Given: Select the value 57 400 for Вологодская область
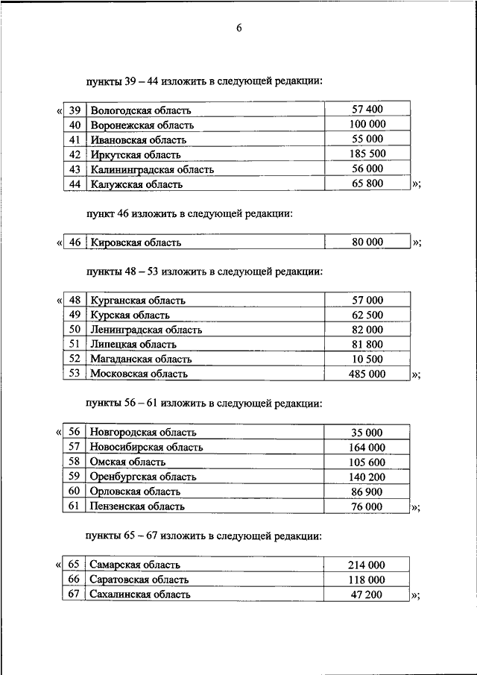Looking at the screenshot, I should tap(367, 110).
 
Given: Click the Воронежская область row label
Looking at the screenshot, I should tap(142, 125).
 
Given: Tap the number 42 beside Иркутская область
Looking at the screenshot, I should tap(74, 154).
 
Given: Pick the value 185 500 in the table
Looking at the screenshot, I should tap(367, 154).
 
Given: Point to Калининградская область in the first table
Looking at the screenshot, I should tap(152, 169).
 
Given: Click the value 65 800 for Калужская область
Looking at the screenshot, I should tap(367, 183).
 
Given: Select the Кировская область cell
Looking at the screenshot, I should tap(136, 242).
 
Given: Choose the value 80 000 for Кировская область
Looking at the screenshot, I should tap(367, 242).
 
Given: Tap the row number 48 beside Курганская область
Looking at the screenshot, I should tap(74, 301).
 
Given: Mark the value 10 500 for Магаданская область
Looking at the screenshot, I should tap(367, 359).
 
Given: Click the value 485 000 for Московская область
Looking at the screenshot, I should tap(367, 374).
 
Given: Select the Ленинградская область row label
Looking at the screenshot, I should tap(146, 330).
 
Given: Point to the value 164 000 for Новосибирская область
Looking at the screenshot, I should tap(367, 448).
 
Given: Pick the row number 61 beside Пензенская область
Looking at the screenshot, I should tap(74, 506).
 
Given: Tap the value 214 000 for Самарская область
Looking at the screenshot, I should tap(367, 565).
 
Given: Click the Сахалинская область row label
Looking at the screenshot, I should tap(140, 594).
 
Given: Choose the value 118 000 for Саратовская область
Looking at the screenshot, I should tap(367, 580).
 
